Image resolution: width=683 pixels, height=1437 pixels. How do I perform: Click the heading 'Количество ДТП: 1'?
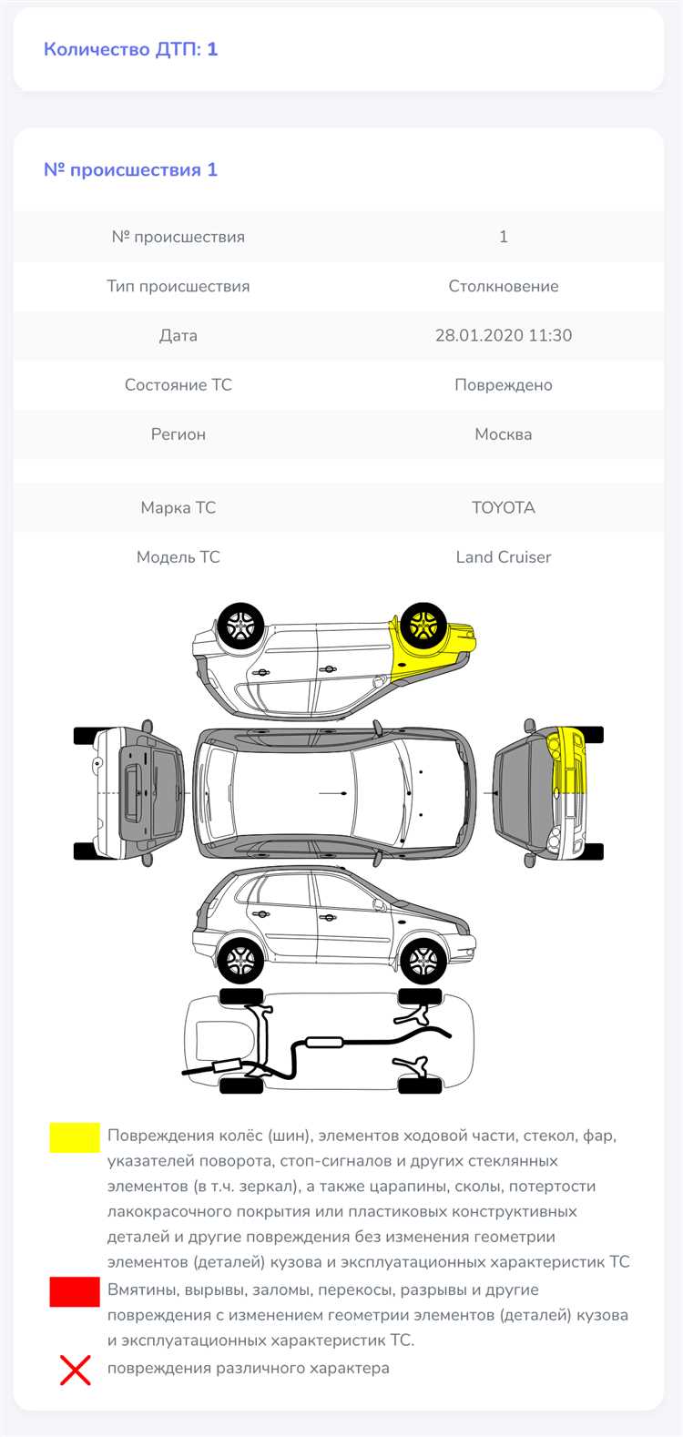pos(131,49)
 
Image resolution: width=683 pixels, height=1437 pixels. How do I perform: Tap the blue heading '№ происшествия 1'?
pos(131,170)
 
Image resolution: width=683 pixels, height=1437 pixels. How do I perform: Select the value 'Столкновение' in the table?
pos(504,286)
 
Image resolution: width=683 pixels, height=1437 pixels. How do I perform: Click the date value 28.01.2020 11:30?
pos(504,335)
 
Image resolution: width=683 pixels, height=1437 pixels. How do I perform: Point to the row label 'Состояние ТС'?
pos(178,384)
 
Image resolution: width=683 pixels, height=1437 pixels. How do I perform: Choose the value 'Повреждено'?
pos(504,385)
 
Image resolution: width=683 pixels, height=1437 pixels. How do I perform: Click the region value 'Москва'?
pos(504,434)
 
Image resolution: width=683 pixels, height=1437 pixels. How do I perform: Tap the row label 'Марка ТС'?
pos(178,507)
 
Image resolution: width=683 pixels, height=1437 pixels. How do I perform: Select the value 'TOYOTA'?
pos(504,507)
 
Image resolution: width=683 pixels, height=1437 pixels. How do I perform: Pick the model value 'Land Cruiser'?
pos(504,556)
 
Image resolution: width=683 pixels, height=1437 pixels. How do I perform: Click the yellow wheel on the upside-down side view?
pos(423,626)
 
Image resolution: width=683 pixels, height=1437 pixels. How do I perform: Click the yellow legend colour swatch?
pos(75,1138)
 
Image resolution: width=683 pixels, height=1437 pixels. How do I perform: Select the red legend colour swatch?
pos(75,1292)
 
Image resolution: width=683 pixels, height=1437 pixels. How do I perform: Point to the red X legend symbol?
pos(75,1369)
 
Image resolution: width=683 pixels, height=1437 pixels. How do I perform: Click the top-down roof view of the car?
pos(335,793)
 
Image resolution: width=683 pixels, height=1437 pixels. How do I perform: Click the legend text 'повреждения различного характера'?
pos(249,1368)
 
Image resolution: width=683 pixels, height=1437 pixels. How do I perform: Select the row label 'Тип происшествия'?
pos(178,286)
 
